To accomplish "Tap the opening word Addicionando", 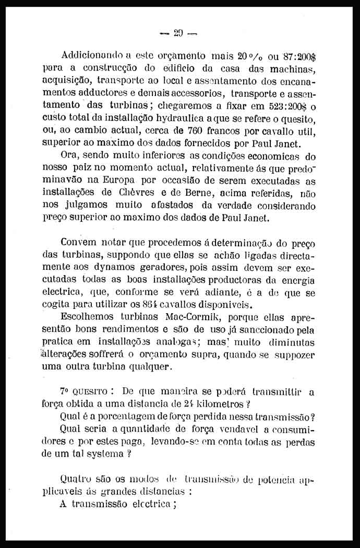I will pyautogui.click(x=88, y=55).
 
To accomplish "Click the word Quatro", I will pyautogui.click(x=76, y=479).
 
